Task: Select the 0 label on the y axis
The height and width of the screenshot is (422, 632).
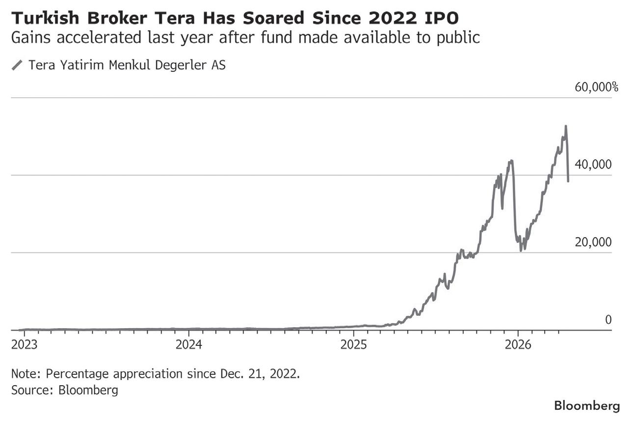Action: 608,320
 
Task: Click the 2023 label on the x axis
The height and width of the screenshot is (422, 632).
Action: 24,345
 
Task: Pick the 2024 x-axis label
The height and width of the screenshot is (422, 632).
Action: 189,345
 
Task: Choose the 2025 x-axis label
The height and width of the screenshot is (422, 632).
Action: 354,345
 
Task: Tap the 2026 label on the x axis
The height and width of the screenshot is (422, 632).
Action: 519,345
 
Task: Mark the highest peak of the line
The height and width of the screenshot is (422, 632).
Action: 566,126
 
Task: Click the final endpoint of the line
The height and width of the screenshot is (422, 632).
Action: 568,181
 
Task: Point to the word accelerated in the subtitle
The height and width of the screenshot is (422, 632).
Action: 93,38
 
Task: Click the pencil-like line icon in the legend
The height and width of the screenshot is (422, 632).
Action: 17,65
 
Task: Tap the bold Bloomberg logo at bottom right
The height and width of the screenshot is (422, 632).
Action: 586,406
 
